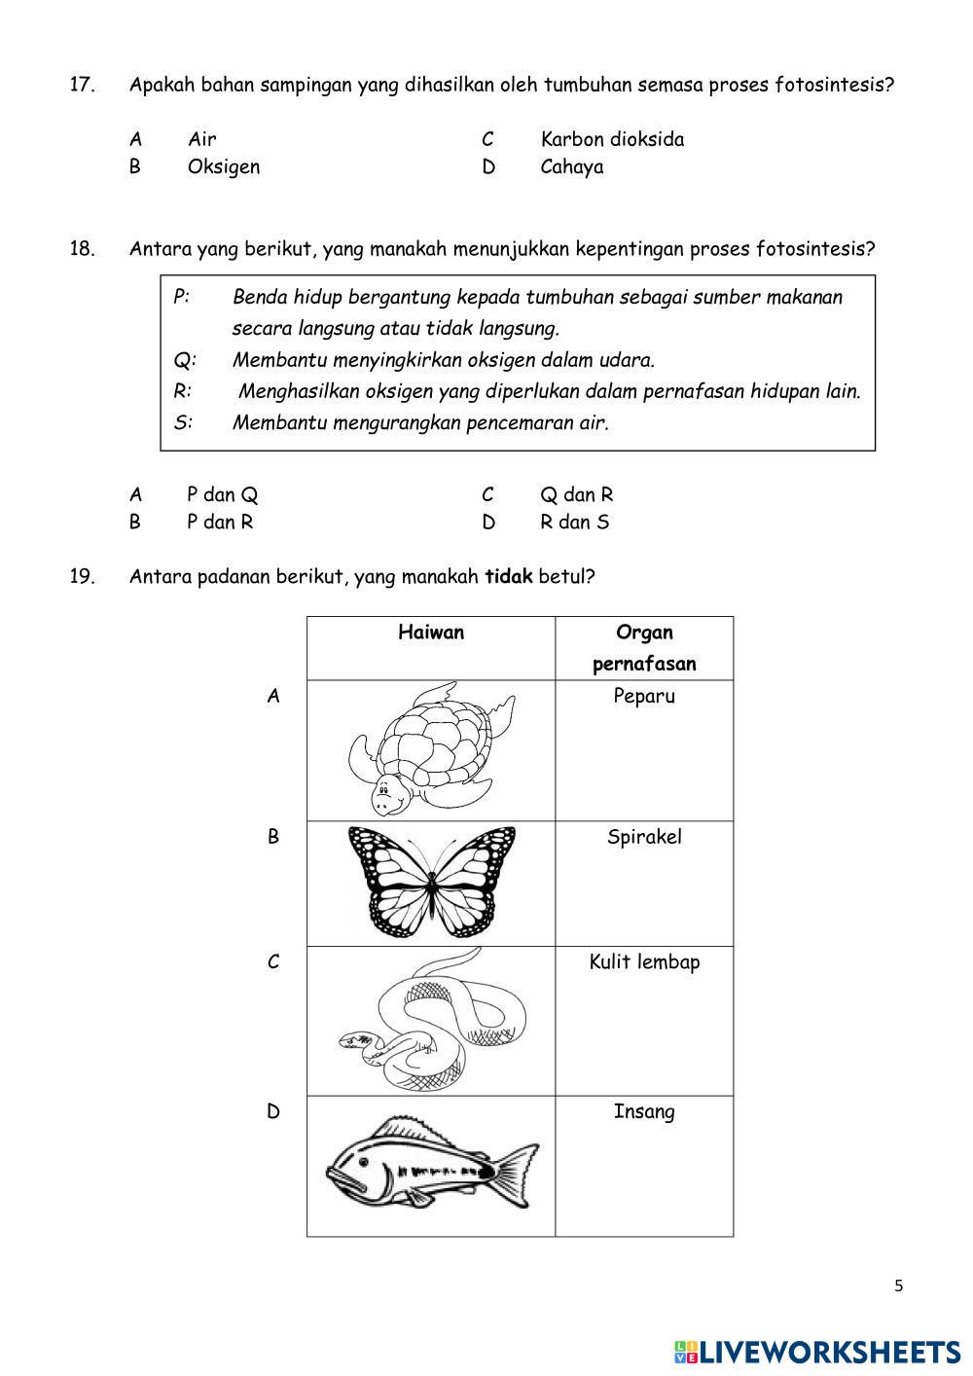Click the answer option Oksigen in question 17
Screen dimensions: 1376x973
223,166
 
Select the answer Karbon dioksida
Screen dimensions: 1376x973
611,139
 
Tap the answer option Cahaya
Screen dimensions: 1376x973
571,166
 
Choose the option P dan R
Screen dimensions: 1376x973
219,522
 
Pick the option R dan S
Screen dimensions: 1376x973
574,522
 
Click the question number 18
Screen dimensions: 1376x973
82,248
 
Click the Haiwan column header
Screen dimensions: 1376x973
431,633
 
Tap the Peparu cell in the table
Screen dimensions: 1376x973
643,696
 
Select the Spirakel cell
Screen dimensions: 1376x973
643,837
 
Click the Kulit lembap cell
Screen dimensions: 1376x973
643,961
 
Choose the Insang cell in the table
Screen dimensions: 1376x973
643,1111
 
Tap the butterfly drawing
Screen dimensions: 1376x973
431,882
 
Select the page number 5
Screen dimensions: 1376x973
898,1285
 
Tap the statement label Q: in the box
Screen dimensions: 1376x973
185,360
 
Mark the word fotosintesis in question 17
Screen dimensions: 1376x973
833,85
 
